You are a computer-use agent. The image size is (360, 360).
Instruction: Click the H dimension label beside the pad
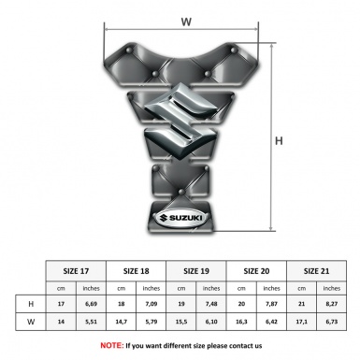click(x=278, y=140)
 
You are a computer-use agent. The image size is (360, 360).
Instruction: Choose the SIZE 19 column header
click(x=196, y=270)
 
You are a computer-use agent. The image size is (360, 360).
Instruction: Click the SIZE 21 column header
click(x=317, y=270)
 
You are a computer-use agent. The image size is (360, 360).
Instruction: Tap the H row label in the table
click(x=32, y=305)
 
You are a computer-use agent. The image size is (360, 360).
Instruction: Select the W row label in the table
click(x=32, y=322)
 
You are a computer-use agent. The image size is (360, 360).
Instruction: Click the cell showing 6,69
click(x=91, y=305)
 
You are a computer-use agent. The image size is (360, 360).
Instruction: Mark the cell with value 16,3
click(x=242, y=322)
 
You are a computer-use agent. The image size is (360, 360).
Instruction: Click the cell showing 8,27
click(x=333, y=305)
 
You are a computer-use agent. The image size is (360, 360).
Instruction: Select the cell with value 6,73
click(x=333, y=322)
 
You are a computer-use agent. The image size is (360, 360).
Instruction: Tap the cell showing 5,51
click(x=91, y=322)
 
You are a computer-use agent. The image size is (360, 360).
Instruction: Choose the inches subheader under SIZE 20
click(x=272, y=288)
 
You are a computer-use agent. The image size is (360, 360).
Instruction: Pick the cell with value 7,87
click(x=272, y=305)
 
